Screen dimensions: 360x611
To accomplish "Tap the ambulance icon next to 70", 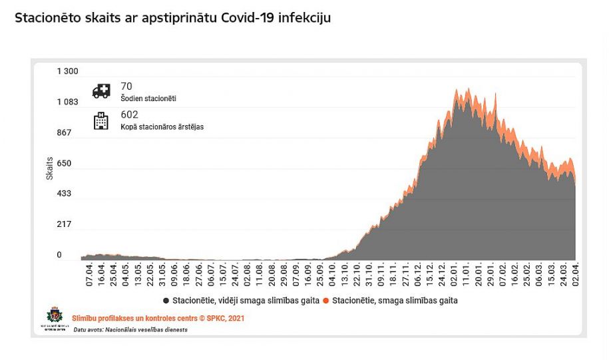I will click(x=102, y=90).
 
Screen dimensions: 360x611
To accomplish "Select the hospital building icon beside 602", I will click(x=101, y=120).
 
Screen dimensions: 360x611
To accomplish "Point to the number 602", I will click(x=129, y=114).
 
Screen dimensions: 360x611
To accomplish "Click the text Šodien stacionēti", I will click(x=148, y=98).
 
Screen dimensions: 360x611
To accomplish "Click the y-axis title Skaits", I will click(x=49, y=168).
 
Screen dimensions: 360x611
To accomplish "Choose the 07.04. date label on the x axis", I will click(x=89, y=273).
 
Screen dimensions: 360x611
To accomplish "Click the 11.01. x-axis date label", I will click(x=467, y=273).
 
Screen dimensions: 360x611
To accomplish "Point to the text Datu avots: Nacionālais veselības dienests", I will click(x=130, y=329).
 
